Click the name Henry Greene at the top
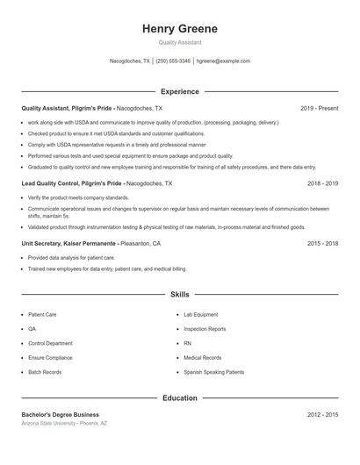[x=179, y=29]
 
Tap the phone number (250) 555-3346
[x=172, y=61]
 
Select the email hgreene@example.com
[x=223, y=61]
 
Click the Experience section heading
[x=179, y=91]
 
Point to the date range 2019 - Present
[x=319, y=108]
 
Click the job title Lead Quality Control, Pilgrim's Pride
[x=73, y=184]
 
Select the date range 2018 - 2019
[x=322, y=184]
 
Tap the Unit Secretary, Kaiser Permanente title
[x=68, y=243]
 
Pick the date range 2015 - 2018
[x=322, y=243]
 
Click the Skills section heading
[x=179, y=295]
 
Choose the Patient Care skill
[x=43, y=313]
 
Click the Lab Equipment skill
[x=200, y=313]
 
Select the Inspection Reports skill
[x=205, y=328]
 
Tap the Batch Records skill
[x=45, y=372]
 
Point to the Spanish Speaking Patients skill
[x=213, y=372]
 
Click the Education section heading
[x=179, y=397]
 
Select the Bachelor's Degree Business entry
[x=61, y=414]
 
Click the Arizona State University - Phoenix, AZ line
[x=64, y=423]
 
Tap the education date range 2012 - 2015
[x=322, y=414]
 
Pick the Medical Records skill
[x=202, y=357]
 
